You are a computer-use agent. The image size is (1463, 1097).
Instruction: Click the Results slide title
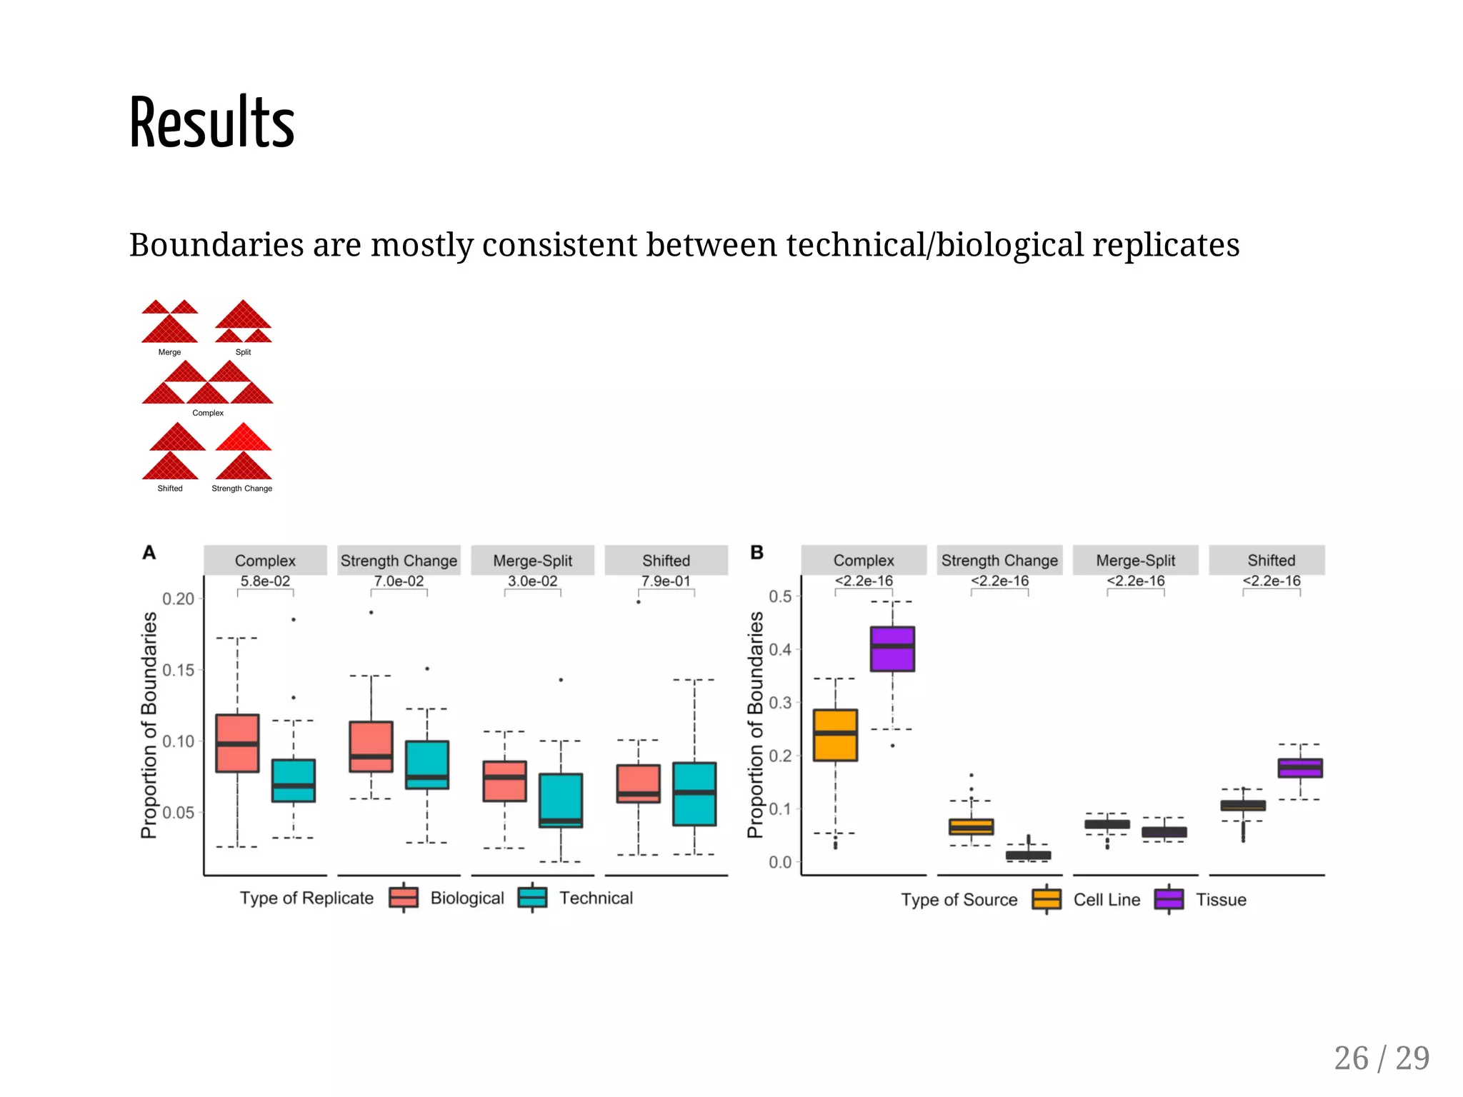pyautogui.click(x=211, y=123)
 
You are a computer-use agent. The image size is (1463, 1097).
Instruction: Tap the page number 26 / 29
pyautogui.click(x=1381, y=1058)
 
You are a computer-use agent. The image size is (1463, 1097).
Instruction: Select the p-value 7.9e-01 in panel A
pyautogui.click(x=666, y=581)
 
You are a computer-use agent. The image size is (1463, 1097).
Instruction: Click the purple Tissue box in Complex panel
pyautogui.click(x=892, y=648)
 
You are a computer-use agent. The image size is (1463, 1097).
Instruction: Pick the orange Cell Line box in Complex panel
pyautogui.click(x=835, y=735)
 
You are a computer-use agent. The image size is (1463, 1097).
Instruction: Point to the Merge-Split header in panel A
pyautogui.click(x=532, y=561)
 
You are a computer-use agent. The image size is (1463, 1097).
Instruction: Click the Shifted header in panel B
pyautogui.click(x=1271, y=561)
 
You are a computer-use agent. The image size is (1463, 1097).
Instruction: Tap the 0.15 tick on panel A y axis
pyautogui.click(x=178, y=670)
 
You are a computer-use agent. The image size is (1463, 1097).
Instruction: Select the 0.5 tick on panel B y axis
pyautogui.click(x=779, y=596)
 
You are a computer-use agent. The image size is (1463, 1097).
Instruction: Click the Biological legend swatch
pyautogui.click(x=404, y=898)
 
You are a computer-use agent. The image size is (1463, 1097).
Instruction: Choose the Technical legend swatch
pyautogui.click(x=532, y=898)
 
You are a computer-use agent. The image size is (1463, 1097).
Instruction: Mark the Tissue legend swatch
pyautogui.click(x=1169, y=899)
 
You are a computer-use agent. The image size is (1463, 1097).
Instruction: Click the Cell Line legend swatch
pyautogui.click(x=1047, y=899)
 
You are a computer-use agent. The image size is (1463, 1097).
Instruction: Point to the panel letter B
pyautogui.click(x=757, y=552)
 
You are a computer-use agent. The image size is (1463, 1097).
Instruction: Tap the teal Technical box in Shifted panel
pyautogui.click(x=694, y=794)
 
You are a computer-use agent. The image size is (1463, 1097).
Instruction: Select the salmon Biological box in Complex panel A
pyautogui.click(x=237, y=743)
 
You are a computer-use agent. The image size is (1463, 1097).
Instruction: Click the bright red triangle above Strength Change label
pyautogui.click(x=244, y=437)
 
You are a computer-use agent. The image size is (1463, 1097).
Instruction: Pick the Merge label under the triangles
pyautogui.click(x=169, y=352)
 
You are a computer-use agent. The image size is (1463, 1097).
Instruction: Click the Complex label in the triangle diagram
pyautogui.click(x=208, y=413)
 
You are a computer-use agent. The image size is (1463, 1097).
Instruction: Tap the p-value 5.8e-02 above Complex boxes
pyautogui.click(x=265, y=581)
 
